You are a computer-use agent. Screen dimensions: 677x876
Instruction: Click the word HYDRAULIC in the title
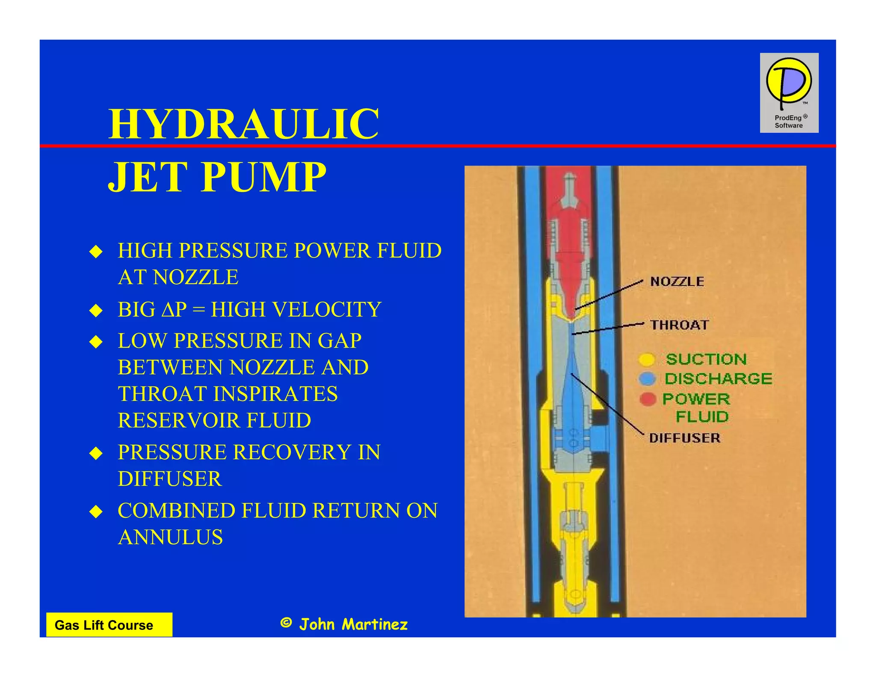click(x=243, y=124)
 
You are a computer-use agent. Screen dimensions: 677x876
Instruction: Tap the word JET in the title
click(x=148, y=177)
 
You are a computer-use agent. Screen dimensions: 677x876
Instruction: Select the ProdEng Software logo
click(x=789, y=92)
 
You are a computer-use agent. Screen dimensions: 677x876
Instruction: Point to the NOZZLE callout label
click(x=677, y=282)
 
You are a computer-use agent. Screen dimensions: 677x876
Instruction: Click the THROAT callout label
click(x=679, y=325)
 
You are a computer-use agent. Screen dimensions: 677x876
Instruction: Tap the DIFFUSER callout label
click(x=684, y=438)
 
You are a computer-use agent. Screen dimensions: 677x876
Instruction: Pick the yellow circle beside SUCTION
click(x=647, y=359)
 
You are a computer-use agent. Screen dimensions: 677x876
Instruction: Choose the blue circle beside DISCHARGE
click(x=647, y=379)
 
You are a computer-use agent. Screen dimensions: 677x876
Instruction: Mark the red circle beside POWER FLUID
click(x=648, y=399)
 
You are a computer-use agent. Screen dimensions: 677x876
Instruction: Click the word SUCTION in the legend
click(x=706, y=359)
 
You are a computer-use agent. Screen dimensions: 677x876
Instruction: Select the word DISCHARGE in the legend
click(x=718, y=379)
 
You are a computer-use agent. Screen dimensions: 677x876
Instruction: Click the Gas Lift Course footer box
click(x=109, y=625)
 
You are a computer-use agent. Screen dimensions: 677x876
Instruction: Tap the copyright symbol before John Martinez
click(x=286, y=623)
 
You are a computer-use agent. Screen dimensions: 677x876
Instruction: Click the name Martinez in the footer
click(x=375, y=625)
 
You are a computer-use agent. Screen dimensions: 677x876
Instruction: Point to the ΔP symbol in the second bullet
click(x=174, y=309)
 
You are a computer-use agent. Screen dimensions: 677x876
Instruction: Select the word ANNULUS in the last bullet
click(x=170, y=537)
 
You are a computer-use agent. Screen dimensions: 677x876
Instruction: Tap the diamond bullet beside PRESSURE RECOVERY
click(x=96, y=453)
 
